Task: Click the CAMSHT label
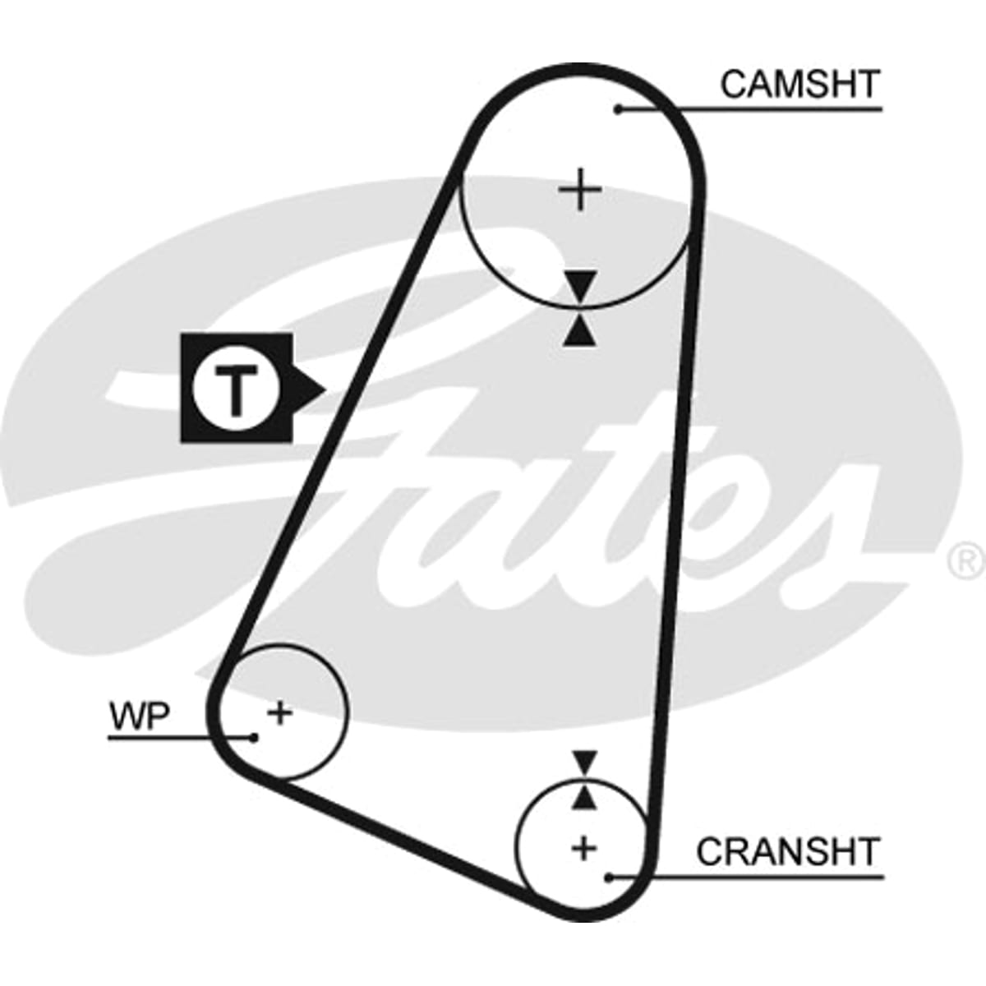(x=800, y=85)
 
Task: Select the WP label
(x=139, y=716)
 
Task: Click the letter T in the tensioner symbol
(x=236, y=390)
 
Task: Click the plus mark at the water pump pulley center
(x=280, y=712)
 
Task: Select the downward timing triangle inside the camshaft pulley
(x=581, y=285)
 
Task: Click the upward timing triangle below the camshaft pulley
(x=580, y=330)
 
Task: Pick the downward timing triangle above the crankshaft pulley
(x=585, y=760)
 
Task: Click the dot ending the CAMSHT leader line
(x=618, y=109)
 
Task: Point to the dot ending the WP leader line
(x=253, y=737)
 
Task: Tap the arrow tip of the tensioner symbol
(x=325, y=390)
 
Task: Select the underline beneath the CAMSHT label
(x=750, y=109)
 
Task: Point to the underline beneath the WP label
(x=180, y=737)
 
